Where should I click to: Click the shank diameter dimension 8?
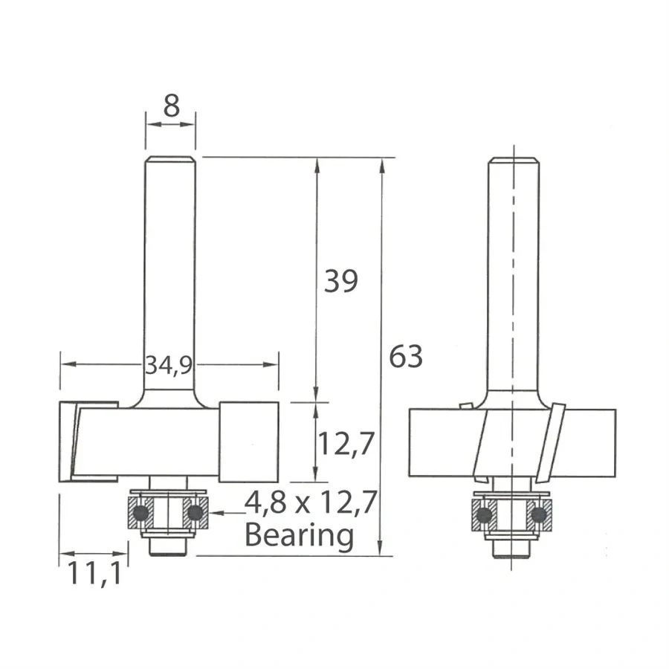[171, 106]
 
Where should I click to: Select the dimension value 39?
[340, 281]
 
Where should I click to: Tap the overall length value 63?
[406, 358]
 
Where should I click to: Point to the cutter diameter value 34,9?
[169, 364]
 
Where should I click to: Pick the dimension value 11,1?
[93, 574]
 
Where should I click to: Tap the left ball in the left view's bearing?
[139, 513]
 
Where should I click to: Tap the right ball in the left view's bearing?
[195, 513]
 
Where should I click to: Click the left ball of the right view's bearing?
[484, 514]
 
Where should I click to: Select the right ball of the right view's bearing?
[540, 514]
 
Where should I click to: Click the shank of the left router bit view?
[170, 275]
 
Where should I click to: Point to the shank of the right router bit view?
[512, 275]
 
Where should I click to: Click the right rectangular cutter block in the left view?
[249, 440]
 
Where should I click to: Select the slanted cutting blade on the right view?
[552, 442]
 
